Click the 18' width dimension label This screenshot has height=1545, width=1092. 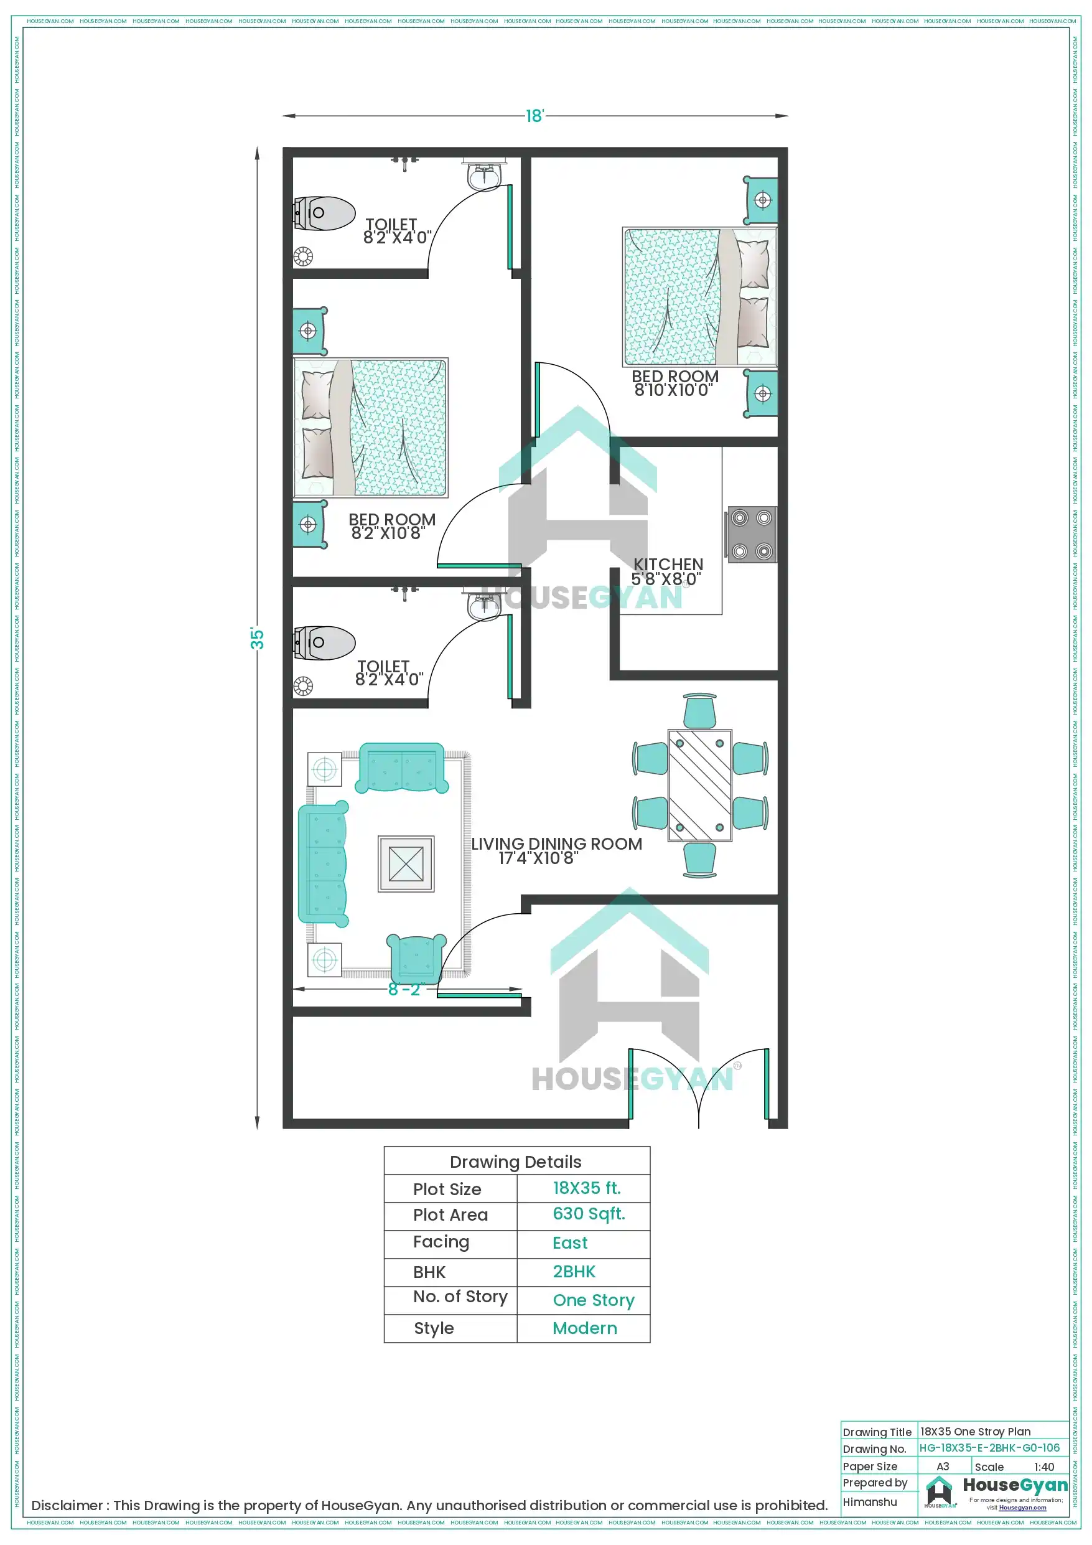[x=534, y=116]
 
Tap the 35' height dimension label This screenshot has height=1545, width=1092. [x=257, y=638]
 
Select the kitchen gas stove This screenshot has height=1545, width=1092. [x=752, y=534]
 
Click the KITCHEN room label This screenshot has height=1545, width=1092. [x=668, y=564]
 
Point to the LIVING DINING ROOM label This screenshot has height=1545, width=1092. [x=556, y=843]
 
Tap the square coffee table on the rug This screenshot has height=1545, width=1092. [x=406, y=863]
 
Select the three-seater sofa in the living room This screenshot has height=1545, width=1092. [x=322, y=863]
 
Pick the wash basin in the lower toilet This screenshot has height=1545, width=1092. [x=483, y=606]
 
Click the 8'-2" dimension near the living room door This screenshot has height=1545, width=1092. [x=404, y=989]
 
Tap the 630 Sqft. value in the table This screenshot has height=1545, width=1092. [x=589, y=1213]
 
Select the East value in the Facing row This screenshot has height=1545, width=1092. [x=569, y=1242]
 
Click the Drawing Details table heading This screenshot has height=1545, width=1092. [x=515, y=1162]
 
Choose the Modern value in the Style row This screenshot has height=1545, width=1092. [x=584, y=1328]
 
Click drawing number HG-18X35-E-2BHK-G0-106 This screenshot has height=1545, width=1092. [x=989, y=1447]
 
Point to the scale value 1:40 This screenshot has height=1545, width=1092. [x=1043, y=1467]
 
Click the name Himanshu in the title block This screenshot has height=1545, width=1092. [x=869, y=1501]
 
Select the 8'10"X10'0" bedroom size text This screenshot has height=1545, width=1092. [x=673, y=390]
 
